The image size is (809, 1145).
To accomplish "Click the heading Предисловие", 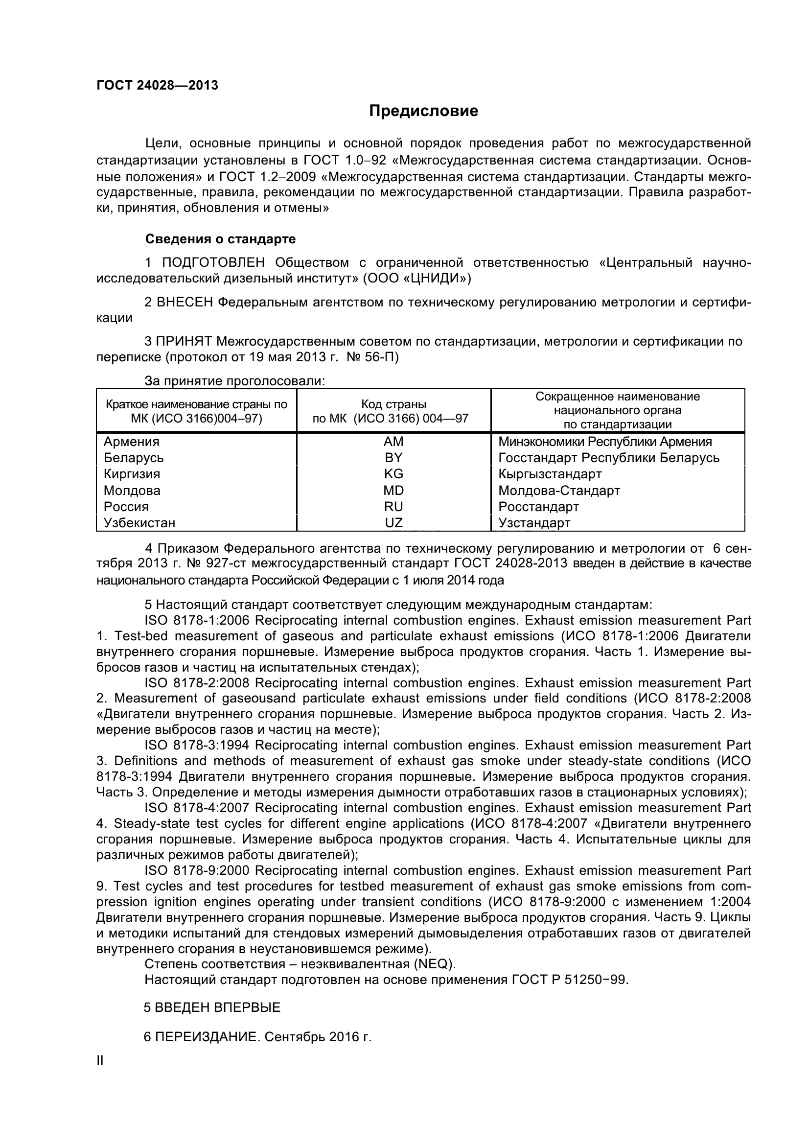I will tap(423, 111).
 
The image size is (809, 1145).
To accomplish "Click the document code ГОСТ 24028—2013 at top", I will tap(157, 86).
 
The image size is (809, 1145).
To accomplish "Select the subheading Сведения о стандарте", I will tap(220, 239).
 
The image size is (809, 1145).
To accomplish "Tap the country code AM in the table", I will tap(393, 442).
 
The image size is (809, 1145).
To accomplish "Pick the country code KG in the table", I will tap(393, 474).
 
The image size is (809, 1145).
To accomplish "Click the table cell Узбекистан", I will tap(139, 523).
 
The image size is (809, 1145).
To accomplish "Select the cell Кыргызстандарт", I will tap(550, 474).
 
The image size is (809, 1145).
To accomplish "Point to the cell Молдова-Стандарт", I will tap(559, 490).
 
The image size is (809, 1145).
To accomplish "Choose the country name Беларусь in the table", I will tap(134, 458).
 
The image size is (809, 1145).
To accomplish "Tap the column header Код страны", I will tap(393, 404).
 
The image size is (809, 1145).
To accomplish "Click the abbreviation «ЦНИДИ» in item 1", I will tap(434, 278).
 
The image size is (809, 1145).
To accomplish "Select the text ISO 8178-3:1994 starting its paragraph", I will tap(197, 745).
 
